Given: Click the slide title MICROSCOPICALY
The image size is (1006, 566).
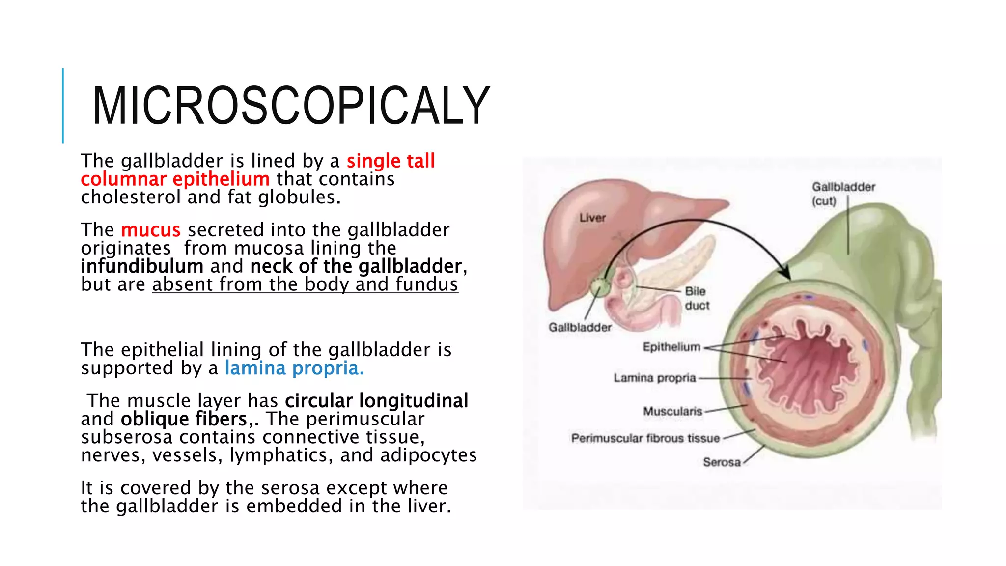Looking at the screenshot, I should [x=291, y=106].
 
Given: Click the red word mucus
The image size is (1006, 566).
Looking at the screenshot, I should [x=151, y=230].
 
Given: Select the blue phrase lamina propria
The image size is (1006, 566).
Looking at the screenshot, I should [x=294, y=368].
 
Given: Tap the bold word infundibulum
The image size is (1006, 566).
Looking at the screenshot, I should [x=142, y=266].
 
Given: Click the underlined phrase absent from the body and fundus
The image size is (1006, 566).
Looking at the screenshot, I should [x=305, y=284].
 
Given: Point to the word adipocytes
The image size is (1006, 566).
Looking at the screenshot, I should [x=428, y=455].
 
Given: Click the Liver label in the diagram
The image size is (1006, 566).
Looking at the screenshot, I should [x=592, y=218].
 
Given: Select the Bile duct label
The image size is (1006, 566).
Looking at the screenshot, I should [x=697, y=298].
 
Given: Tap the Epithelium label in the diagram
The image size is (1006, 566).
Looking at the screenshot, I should [x=671, y=347].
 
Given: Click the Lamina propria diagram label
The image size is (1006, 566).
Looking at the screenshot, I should [x=655, y=378].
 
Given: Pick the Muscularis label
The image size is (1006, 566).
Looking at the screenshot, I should [x=672, y=411].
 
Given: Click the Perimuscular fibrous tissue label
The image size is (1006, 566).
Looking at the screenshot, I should [x=645, y=438].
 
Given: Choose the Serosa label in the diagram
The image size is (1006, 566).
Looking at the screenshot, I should [x=721, y=462].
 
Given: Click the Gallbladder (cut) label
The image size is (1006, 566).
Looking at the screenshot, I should [x=843, y=194].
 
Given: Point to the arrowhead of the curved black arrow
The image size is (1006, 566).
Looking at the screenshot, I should [x=785, y=274].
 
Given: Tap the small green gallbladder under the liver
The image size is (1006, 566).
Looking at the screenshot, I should [x=599, y=286].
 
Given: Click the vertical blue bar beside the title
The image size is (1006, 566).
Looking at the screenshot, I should [x=63, y=106].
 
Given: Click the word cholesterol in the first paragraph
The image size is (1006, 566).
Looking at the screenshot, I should [x=131, y=198].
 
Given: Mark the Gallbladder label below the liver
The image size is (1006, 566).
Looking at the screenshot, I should [x=580, y=327].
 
